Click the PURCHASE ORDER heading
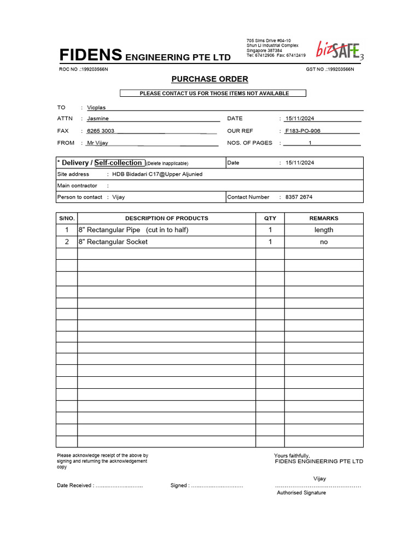[x=209, y=79]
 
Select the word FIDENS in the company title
[x=91, y=55]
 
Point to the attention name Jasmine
[x=98, y=119]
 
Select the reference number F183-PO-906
[x=302, y=131]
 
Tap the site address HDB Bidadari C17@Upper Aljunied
[x=157, y=174]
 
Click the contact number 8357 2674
[x=299, y=197]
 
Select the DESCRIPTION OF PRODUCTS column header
[x=167, y=218]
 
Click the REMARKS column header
[x=324, y=218]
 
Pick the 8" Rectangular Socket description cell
[x=113, y=242]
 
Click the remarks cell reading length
[x=324, y=230]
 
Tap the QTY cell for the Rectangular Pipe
[x=270, y=230]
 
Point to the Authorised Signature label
[x=301, y=493]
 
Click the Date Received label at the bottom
[x=75, y=486]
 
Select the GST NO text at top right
[x=330, y=69]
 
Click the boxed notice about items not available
[x=214, y=94]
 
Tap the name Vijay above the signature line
[x=319, y=479]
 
